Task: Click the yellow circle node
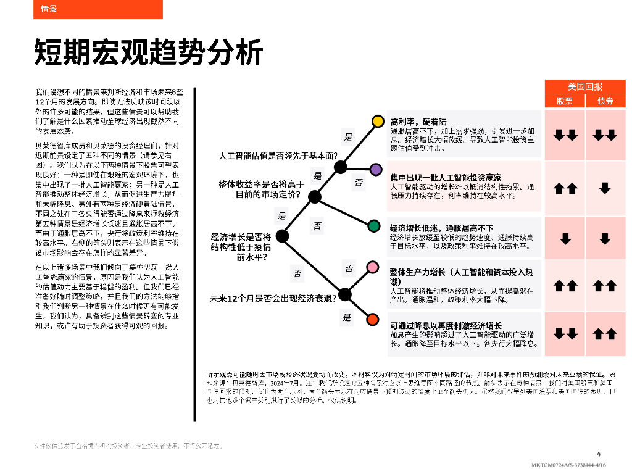[x=378, y=121]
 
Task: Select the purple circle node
[x=375, y=168]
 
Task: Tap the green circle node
[x=373, y=226]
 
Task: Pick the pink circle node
[x=373, y=267]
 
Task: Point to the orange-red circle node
[x=372, y=319]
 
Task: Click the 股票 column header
[x=565, y=101]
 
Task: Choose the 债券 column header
[x=605, y=101]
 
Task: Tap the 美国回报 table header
[x=585, y=86]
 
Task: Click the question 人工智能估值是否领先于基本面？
[x=279, y=155]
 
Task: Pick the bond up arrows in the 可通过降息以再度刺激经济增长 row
[x=605, y=334]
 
